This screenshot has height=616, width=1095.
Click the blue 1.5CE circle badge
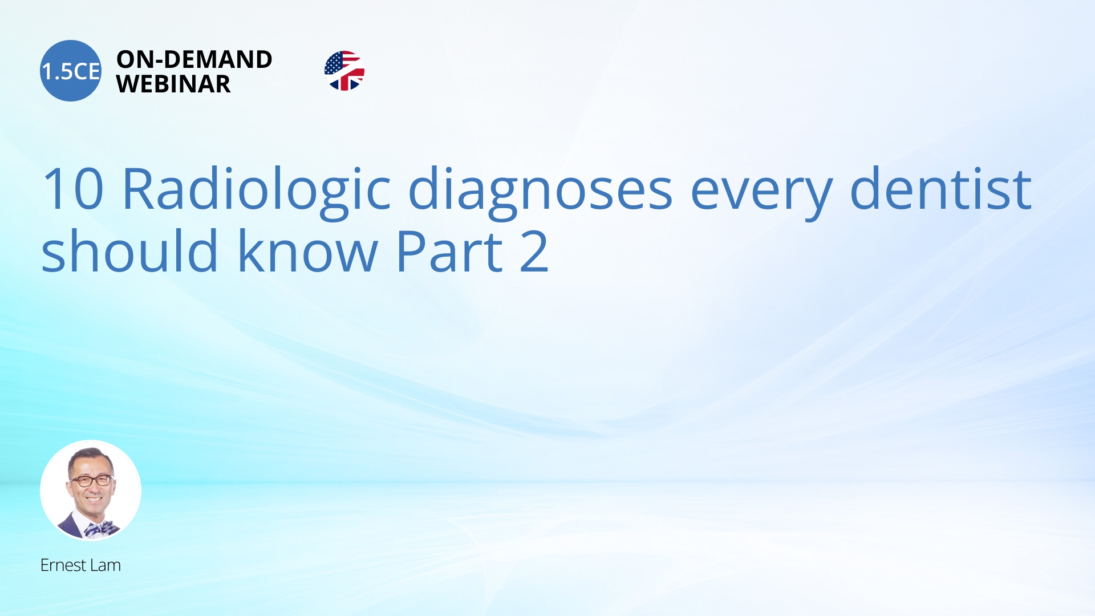[71, 71]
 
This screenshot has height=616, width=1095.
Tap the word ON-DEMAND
[194, 59]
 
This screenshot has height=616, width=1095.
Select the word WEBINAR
[173, 84]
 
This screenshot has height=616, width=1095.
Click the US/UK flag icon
[344, 71]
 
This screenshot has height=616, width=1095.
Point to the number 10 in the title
[73, 189]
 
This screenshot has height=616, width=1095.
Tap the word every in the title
[761, 194]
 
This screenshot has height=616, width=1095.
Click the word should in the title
[130, 250]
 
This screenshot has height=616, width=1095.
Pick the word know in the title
[308, 250]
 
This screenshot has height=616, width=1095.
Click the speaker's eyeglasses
[91, 480]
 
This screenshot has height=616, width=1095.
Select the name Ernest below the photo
[63, 565]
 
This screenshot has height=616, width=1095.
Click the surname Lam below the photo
[106, 565]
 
